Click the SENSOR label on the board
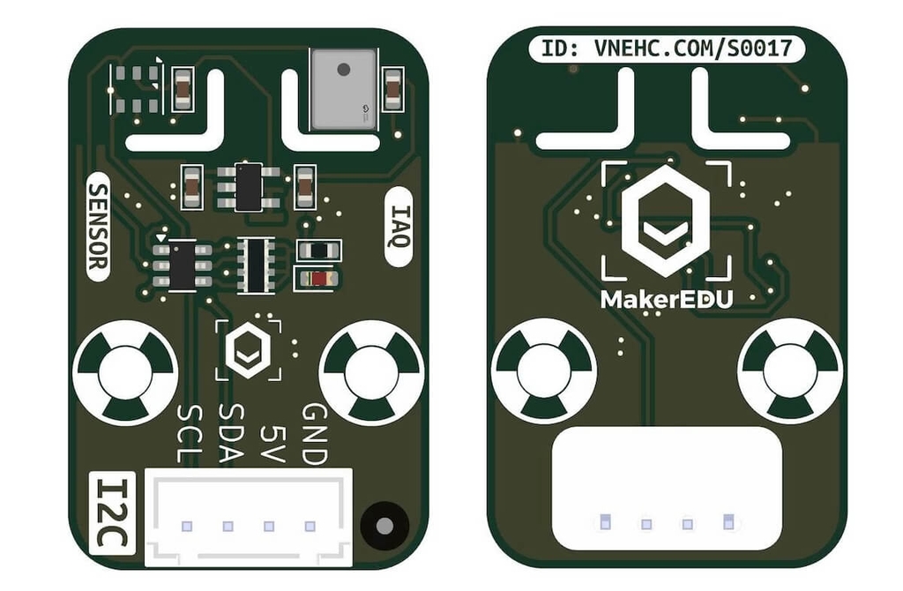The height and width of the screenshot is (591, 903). (98, 227)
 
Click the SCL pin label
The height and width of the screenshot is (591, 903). (190, 434)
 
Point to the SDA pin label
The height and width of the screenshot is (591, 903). (231, 434)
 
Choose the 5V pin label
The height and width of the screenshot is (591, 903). (272, 444)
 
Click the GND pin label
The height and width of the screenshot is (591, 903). (315, 434)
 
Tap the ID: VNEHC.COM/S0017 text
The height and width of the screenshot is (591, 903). (667, 49)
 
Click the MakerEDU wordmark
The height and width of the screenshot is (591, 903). (667, 300)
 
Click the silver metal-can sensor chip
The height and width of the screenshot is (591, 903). (344, 89)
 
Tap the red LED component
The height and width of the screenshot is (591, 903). (317, 280)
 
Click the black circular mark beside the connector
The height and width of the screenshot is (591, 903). (384, 526)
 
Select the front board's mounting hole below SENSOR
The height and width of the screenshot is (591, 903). (125, 373)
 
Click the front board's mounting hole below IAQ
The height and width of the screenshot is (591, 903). (372, 373)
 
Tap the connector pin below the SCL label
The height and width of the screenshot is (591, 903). (187, 526)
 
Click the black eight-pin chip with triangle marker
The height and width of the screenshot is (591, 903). (183, 266)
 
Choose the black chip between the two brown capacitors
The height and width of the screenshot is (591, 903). (248, 187)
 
